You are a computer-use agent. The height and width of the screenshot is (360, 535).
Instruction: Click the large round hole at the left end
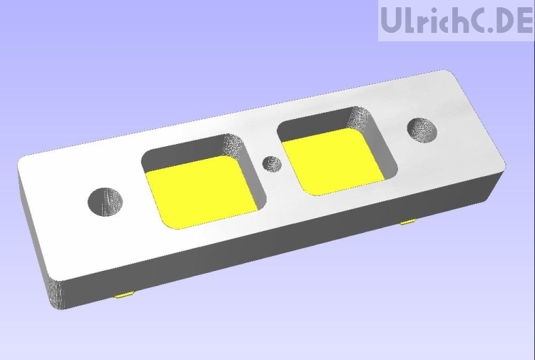[x=105, y=202]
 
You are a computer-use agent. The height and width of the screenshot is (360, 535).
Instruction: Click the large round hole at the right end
[x=422, y=130]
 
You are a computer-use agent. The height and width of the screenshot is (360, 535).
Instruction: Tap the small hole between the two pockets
[x=271, y=163]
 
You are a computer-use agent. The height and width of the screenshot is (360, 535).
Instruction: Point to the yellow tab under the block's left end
[x=124, y=294]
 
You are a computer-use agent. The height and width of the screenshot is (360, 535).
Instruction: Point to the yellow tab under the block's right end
[x=408, y=222]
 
